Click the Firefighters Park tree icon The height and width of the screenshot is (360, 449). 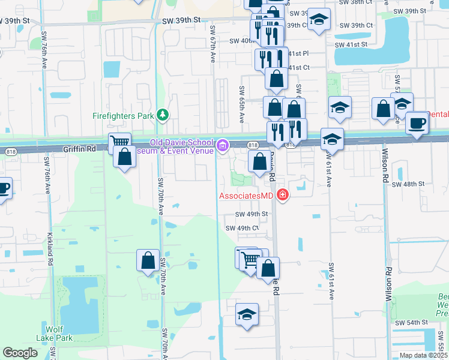[x=161, y=115]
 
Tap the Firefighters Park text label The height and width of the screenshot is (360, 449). [x=123, y=115]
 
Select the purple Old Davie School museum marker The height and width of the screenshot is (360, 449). [x=223, y=145]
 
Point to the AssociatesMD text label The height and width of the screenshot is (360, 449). [x=246, y=196]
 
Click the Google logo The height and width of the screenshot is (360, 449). [x=20, y=353]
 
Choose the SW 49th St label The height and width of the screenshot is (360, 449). [x=250, y=214]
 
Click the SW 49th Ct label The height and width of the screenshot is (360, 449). [x=242, y=228]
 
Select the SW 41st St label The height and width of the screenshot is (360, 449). [x=350, y=44]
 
